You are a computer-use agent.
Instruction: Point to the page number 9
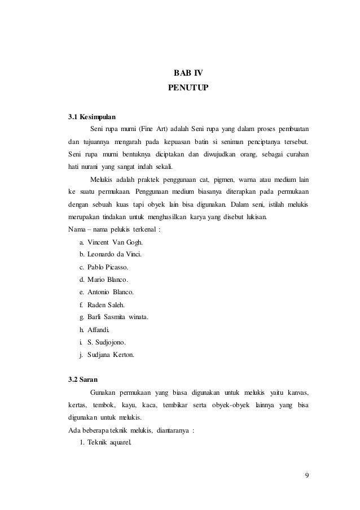click(x=306, y=473)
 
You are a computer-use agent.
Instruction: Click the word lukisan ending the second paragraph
click(x=257, y=217)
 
